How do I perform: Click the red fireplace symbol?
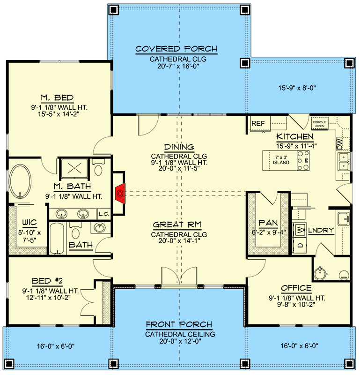click(x=120, y=192)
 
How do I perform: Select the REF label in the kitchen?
click(x=258, y=123)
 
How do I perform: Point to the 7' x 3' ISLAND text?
click(x=281, y=159)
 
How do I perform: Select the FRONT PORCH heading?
click(x=179, y=324)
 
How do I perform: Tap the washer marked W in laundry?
click(x=299, y=230)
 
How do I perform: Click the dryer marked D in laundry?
click(x=299, y=245)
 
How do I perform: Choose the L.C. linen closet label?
click(x=103, y=214)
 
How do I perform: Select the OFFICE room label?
click(x=296, y=288)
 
